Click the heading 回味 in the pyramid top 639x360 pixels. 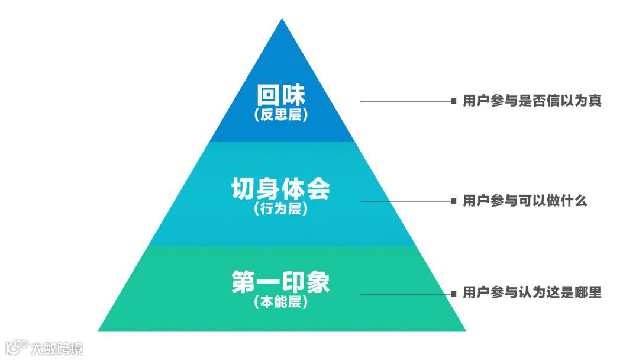(x=282, y=95)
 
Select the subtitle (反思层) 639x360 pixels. (x=282, y=115)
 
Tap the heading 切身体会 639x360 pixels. (x=281, y=189)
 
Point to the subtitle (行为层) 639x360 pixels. (x=281, y=209)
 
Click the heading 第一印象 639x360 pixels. (x=281, y=282)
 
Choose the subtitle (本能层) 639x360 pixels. (x=281, y=302)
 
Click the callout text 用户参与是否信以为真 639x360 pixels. (x=532, y=101)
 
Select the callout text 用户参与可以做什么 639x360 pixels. (x=525, y=201)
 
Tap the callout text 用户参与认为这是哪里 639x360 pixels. (x=532, y=294)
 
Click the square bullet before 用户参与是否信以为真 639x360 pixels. (x=453, y=101)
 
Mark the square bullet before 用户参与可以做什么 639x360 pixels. (x=453, y=201)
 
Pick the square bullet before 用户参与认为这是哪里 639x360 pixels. (x=453, y=294)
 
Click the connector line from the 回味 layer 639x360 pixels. (x=405, y=101)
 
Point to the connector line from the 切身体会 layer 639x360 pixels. (x=405, y=201)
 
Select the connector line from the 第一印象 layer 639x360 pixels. (x=405, y=294)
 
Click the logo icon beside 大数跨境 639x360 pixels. (x=17, y=346)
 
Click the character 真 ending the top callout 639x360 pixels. (x=595, y=101)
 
